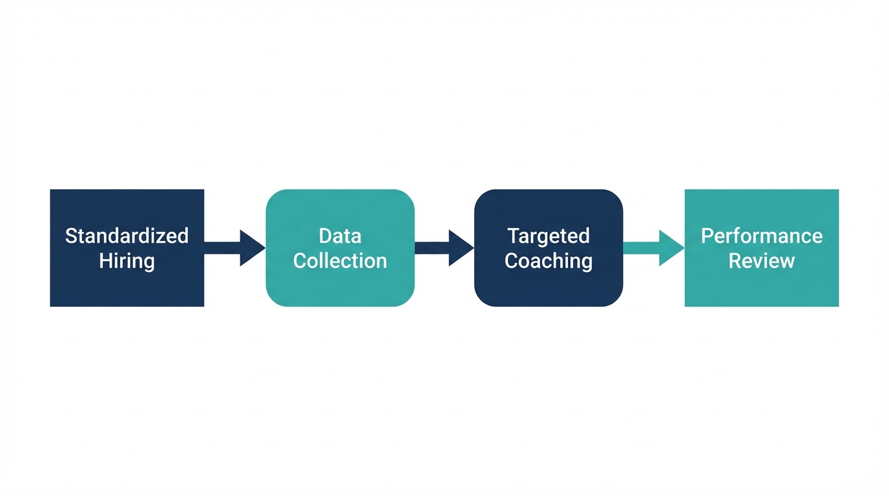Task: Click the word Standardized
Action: coord(127,236)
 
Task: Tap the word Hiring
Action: coord(127,261)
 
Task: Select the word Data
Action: coord(340,236)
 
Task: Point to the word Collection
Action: coord(340,261)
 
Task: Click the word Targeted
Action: coord(549,236)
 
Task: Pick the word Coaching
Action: coord(549,261)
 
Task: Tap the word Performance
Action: coord(762,236)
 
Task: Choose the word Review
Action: coord(762,261)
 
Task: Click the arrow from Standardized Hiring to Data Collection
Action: coord(233,248)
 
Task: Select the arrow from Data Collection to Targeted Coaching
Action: coord(443,248)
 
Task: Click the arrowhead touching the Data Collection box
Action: coord(252,248)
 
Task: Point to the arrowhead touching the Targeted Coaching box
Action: coord(461,248)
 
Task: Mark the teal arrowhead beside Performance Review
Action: coord(671,248)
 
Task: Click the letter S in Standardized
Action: coord(70,236)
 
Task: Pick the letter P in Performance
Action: coord(707,236)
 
